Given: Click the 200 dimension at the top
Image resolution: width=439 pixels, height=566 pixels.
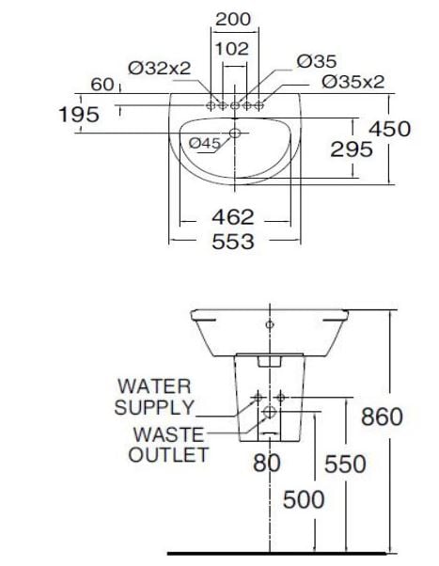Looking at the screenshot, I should pos(232,19).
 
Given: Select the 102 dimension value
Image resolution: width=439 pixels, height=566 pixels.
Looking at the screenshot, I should pos(232,48).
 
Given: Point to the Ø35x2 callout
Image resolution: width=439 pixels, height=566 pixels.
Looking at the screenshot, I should pos(353,82).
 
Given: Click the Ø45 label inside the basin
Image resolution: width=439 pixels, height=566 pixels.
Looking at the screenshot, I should pos(204,143).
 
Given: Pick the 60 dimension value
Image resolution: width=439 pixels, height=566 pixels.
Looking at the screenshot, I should pos(102,86).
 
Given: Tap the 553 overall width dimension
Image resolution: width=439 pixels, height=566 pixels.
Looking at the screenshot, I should pos(232,242).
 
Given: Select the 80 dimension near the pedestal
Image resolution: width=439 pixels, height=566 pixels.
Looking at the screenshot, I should pos(268,463).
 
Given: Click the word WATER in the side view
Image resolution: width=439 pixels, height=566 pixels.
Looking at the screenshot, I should pos(153,386).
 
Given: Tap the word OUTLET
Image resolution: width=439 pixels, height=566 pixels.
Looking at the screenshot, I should pos(168,455).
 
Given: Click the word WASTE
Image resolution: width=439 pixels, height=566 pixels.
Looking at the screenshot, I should pos(168,434).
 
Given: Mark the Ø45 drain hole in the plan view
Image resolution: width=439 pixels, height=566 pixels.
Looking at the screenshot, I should pos(235,135).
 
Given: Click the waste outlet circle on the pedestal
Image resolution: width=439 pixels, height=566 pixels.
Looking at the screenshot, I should pos(269,412).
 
